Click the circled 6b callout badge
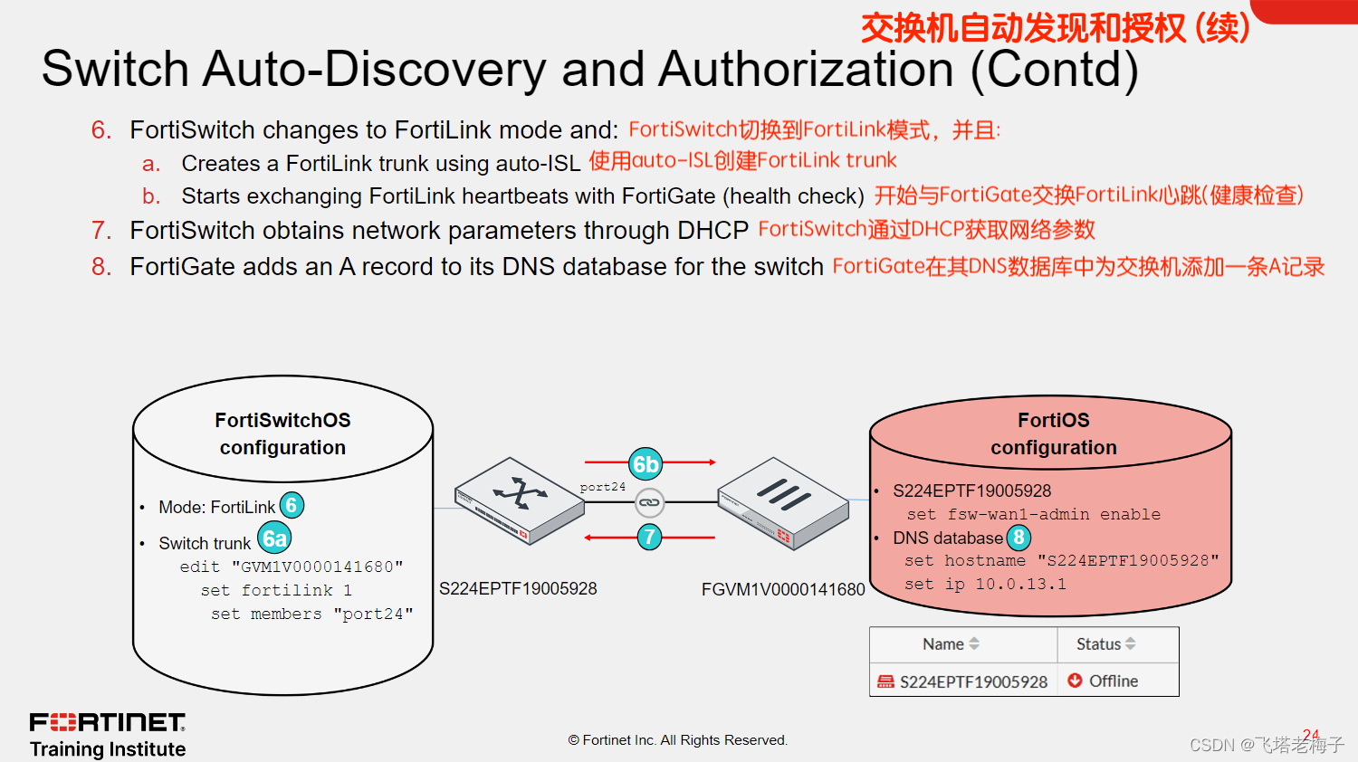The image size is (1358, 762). pos(646,464)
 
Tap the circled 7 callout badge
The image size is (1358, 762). pos(649,538)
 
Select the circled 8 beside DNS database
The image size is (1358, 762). pos(1018,538)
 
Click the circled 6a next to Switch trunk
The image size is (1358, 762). pos(274,539)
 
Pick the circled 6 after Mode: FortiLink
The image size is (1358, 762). pos(292,506)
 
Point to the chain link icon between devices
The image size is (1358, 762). pos(649,502)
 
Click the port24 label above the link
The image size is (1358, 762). pos(603,487)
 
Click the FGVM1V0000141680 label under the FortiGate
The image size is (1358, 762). pos(783,590)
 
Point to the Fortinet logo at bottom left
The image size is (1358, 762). pos(107,722)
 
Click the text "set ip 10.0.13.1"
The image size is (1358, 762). pos(985,585)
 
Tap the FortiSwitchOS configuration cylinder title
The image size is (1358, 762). pos(282,433)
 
